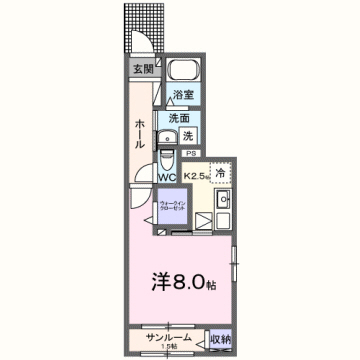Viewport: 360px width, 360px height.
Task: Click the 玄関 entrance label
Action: pyautogui.click(x=142, y=69)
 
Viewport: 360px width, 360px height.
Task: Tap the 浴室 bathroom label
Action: pyautogui.click(x=183, y=95)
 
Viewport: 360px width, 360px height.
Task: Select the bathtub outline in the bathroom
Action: pyautogui.click(x=182, y=72)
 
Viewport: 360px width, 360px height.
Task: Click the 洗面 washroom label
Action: pyautogui.click(x=180, y=117)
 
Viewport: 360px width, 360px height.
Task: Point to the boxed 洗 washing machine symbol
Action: pyautogui.click(x=188, y=136)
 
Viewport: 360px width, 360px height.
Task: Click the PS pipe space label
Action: pyautogui.click(x=189, y=154)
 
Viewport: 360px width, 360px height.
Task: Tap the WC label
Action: pyautogui.click(x=167, y=179)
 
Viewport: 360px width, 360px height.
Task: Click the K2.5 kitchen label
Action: pyautogui.click(x=195, y=177)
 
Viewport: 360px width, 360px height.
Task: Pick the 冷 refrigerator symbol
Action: pyautogui.click(x=221, y=171)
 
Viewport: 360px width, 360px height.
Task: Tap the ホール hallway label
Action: pyautogui.click(x=140, y=133)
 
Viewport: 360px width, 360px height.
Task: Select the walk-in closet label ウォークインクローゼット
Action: pyautogui.click(x=168, y=209)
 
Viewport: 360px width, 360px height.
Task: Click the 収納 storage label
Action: pyautogui.click(x=221, y=338)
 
